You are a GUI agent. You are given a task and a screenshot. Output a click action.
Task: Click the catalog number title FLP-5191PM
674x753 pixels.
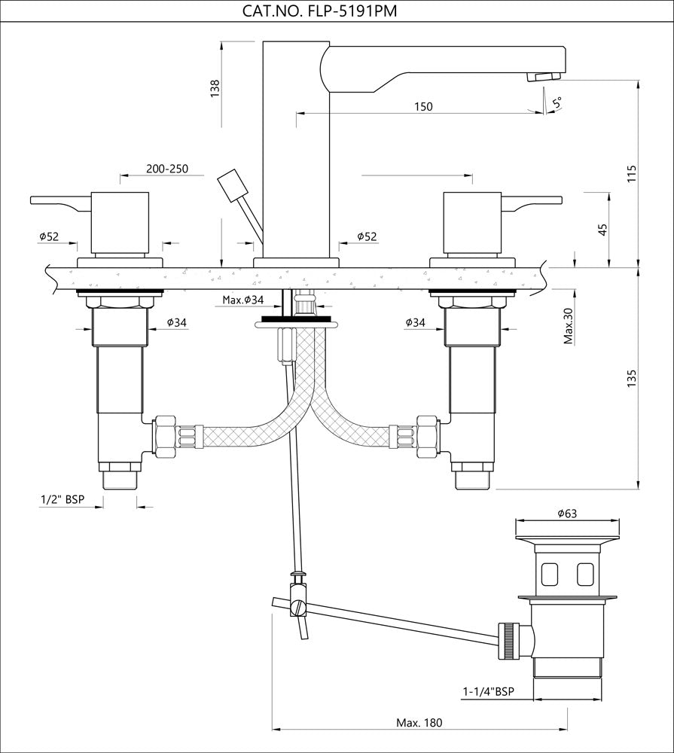click(x=320, y=11)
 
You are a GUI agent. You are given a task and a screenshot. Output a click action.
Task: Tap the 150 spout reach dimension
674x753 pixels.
click(x=423, y=106)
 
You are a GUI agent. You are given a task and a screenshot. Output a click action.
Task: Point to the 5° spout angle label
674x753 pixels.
click(x=557, y=102)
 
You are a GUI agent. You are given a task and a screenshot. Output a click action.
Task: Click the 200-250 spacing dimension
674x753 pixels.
click(x=167, y=169)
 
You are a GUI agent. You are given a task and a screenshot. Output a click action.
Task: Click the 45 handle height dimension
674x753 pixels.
click(x=602, y=229)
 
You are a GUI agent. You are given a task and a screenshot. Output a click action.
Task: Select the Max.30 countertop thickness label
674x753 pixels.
click(x=569, y=326)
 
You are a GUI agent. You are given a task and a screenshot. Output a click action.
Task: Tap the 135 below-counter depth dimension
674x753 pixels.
click(x=631, y=377)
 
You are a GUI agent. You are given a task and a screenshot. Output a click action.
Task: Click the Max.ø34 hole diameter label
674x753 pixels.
click(x=243, y=300)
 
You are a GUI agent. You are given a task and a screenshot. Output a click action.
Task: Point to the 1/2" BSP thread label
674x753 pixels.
click(x=63, y=499)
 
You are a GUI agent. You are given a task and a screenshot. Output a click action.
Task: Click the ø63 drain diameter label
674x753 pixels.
click(x=567, y=514)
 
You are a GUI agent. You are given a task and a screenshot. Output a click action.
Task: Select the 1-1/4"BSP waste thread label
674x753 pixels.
click(x=488, y=690)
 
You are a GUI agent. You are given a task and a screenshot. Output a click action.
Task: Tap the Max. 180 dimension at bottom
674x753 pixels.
click(x=419, y=723)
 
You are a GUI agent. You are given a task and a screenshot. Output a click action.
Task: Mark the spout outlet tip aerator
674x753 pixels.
click(x=544, y=76)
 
